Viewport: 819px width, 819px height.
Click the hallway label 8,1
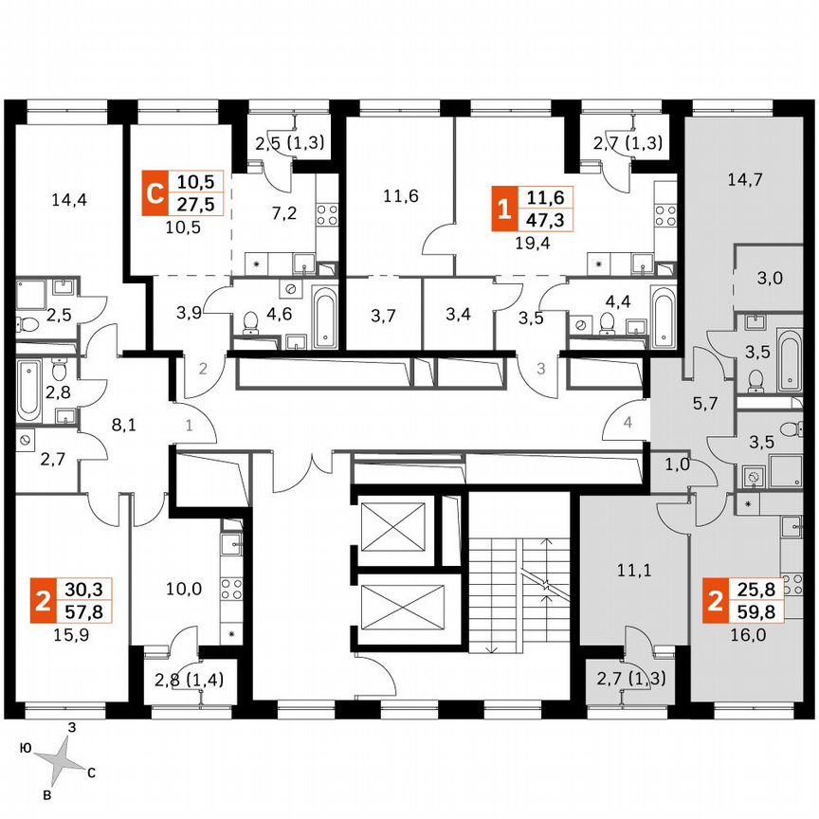pyautogui.click(x=124, y=426)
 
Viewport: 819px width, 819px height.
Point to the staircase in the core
pyautogui.click(x=519, y=573)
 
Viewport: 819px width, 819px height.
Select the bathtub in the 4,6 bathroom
pyautogui.click(x=324, y=318)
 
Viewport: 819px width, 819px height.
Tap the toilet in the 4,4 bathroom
pyautogui.click(x=607, y=324)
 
